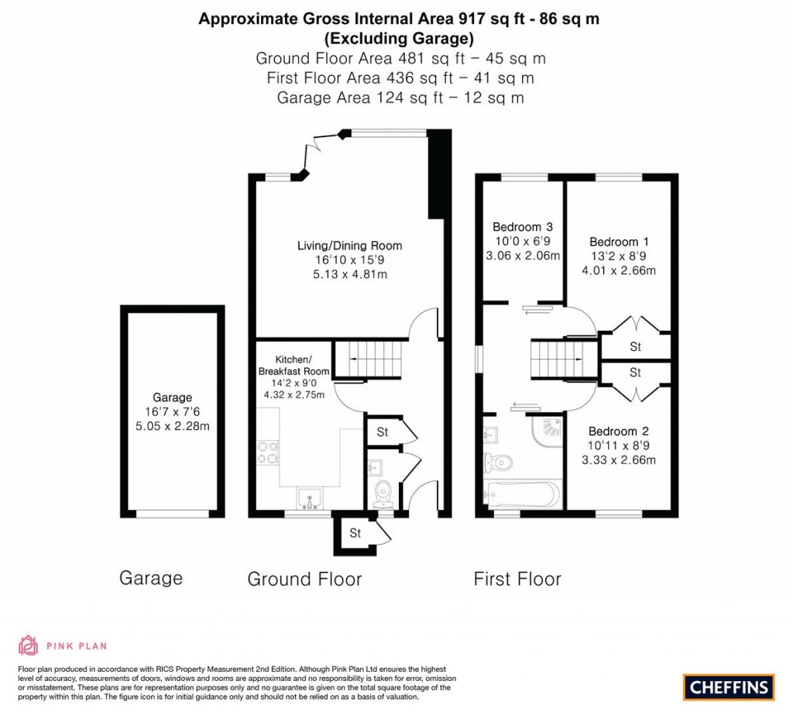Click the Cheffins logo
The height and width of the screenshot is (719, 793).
(729, 687)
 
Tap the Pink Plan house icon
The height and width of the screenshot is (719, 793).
(28, 645)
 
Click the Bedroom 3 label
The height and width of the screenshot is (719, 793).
(523, 227)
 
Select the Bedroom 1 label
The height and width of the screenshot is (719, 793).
(619, 242)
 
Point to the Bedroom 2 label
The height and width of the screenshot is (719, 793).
(619, 432)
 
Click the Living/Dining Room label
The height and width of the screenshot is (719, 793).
(349, 246)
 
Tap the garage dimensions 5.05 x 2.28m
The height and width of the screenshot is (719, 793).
(172, 426)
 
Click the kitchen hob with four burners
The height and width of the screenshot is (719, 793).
(268, 452)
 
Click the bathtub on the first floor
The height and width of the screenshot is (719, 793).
(523, 494)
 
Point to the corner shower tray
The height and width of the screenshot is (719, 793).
(545, 431)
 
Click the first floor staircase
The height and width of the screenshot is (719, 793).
(564, 359)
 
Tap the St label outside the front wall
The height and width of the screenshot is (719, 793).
(355, 533)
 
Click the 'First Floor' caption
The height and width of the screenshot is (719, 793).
(517, 580)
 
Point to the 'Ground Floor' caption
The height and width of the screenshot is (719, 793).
(304, 580)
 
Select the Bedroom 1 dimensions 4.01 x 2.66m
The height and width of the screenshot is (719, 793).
(619, 270)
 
